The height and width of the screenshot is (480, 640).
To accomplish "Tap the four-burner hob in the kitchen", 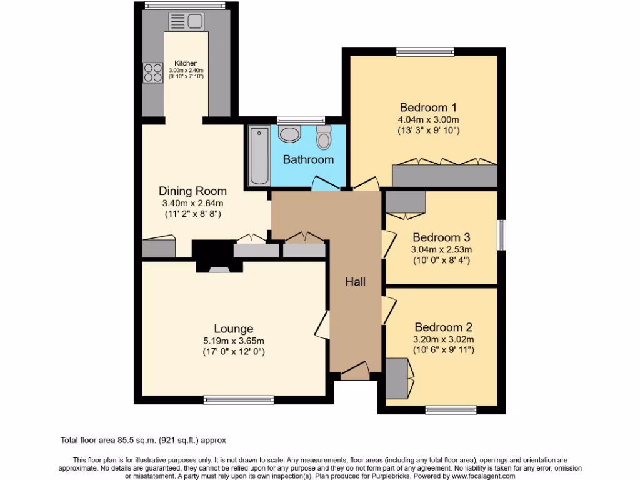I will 152,73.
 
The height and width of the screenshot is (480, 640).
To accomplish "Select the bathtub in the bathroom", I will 259,155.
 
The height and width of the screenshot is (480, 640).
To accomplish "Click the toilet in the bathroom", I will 323,137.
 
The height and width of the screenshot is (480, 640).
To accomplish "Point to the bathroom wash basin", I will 289,133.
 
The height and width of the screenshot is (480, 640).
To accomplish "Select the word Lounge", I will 234,329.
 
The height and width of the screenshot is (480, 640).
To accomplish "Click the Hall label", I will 356,282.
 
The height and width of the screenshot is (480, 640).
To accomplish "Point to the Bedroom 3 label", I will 441,237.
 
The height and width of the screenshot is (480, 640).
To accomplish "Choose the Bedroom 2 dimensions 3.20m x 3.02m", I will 444,340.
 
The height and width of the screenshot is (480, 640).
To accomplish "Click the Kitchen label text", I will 186,63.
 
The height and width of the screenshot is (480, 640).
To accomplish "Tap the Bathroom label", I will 308,159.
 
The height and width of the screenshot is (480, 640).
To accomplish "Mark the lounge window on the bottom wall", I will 239,399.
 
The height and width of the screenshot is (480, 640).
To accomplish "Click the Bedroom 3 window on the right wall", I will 501,236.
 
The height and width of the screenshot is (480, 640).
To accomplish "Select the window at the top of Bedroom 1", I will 425,52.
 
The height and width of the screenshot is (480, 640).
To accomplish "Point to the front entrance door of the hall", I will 354,371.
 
